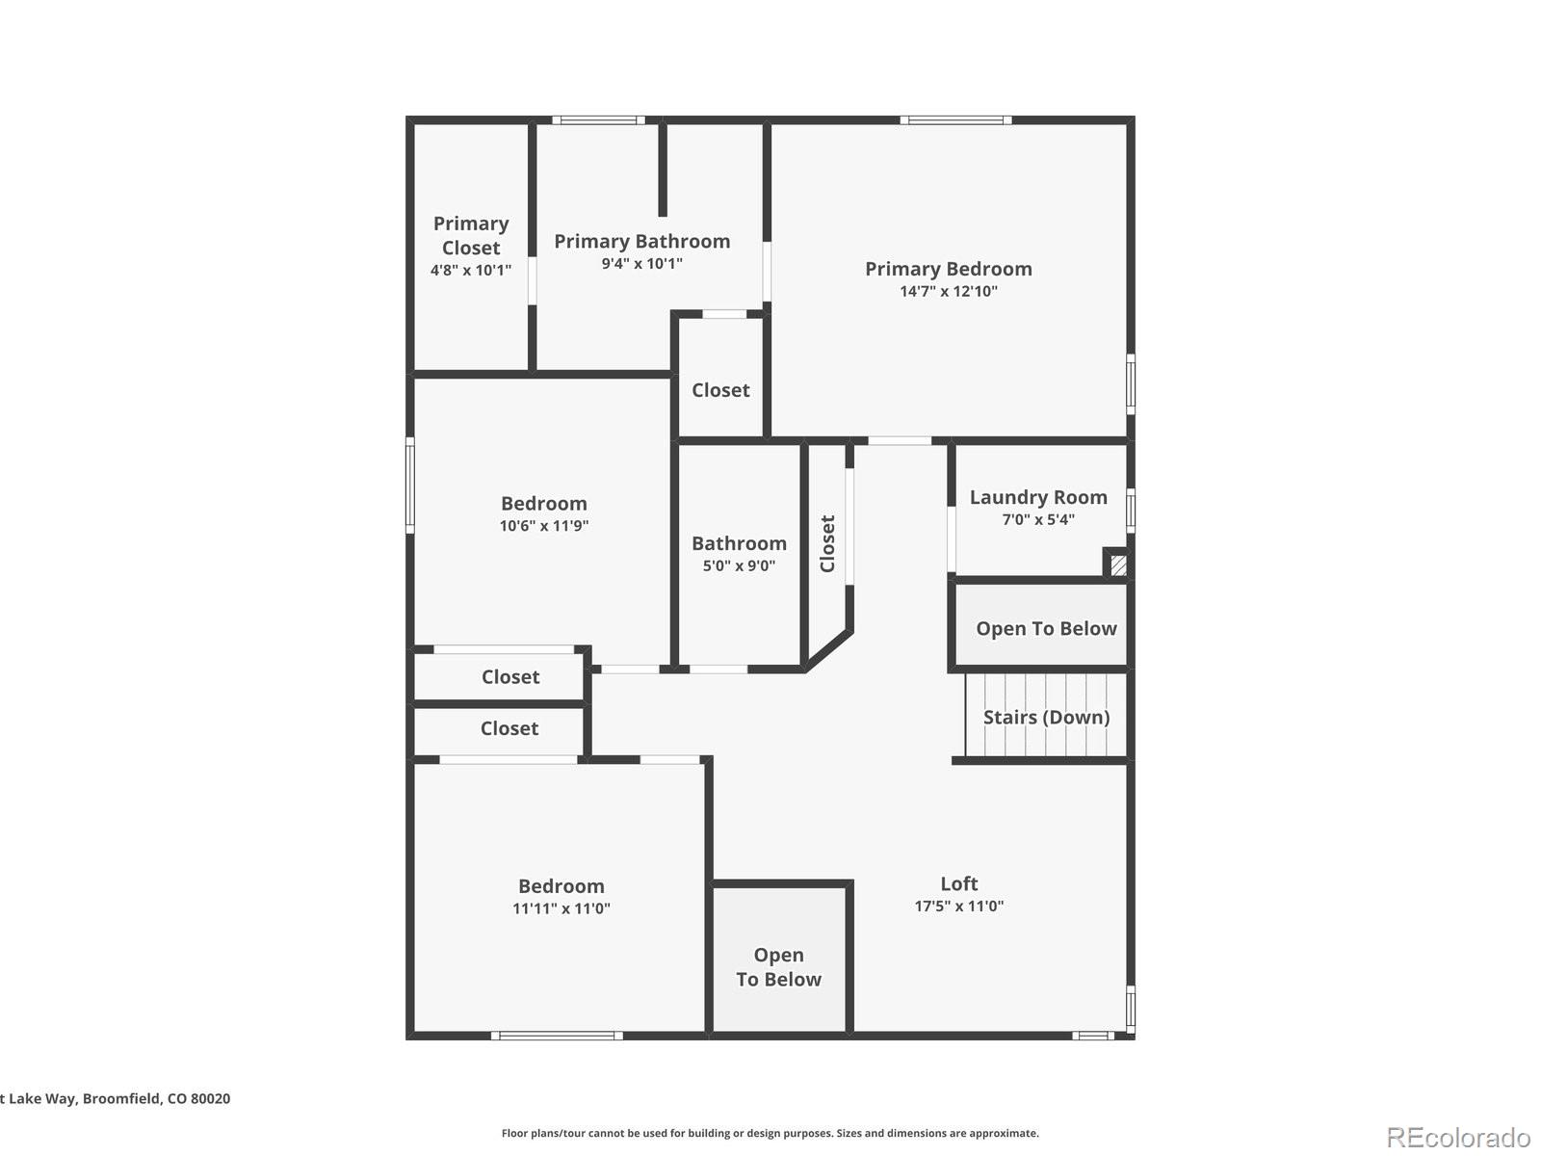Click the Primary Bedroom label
click(x=948, y=269)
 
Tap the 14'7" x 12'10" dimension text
click(x=949, y=291)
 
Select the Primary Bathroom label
click(x=641, y=242)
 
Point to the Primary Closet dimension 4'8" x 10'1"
click(x=470, y=271)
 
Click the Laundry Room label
click(x=1038, y=498)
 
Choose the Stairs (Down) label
click(x=1046, y=718)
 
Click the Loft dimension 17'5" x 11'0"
click(x=959, y=906)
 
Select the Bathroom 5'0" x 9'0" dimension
click(x=739, y=565)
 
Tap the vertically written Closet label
click(x=827, y=544)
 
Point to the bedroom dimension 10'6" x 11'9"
click(x=544, y=526)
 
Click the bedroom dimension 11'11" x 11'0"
click(x=561, y=909)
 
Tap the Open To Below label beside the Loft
click(x=778, y=967)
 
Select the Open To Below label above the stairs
click(x=1046, y=629)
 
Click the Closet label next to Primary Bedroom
click(x=720, y=390)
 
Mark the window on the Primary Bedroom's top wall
click(x=956, y=120)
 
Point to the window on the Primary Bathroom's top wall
click(x=598, y=120)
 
